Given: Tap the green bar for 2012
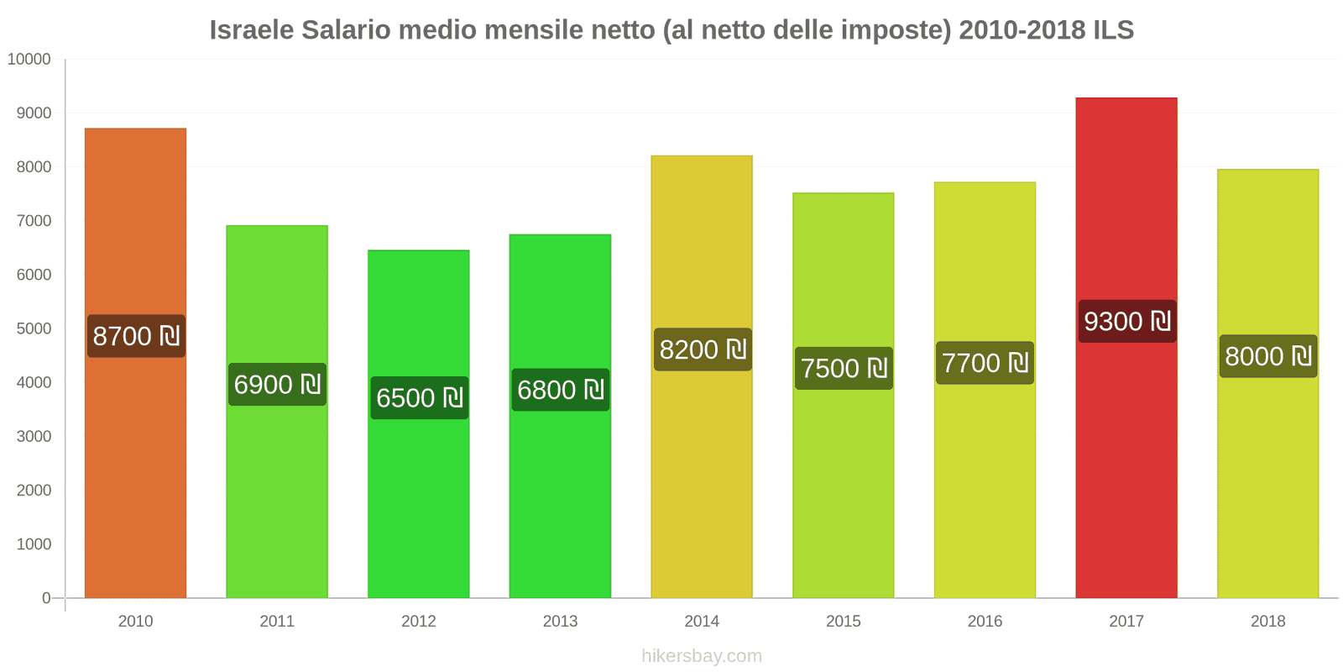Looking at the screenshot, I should (418, 504).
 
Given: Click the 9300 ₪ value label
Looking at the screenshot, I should (1126, 322).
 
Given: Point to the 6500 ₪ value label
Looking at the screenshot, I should (419, 398).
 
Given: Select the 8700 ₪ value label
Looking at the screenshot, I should (136, 336).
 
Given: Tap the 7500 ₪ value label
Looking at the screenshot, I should (844, 369).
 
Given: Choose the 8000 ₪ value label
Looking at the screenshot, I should (1267, 356).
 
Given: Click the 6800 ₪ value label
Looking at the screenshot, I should (560, 390).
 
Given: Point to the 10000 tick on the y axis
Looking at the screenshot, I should (29, 60).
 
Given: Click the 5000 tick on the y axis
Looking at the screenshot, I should (34, 328).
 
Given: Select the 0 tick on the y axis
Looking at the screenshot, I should (46, 598).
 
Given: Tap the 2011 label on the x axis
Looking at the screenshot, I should (277, 622).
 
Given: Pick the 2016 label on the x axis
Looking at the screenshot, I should (985, 622).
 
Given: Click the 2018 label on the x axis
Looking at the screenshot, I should (1267, 622).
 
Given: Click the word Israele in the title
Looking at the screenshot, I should (251, 30).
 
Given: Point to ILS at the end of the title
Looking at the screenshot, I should (1113, 30).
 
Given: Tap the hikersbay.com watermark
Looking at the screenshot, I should (702, 655).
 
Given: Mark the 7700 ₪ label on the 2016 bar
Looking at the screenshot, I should (985, 363).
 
